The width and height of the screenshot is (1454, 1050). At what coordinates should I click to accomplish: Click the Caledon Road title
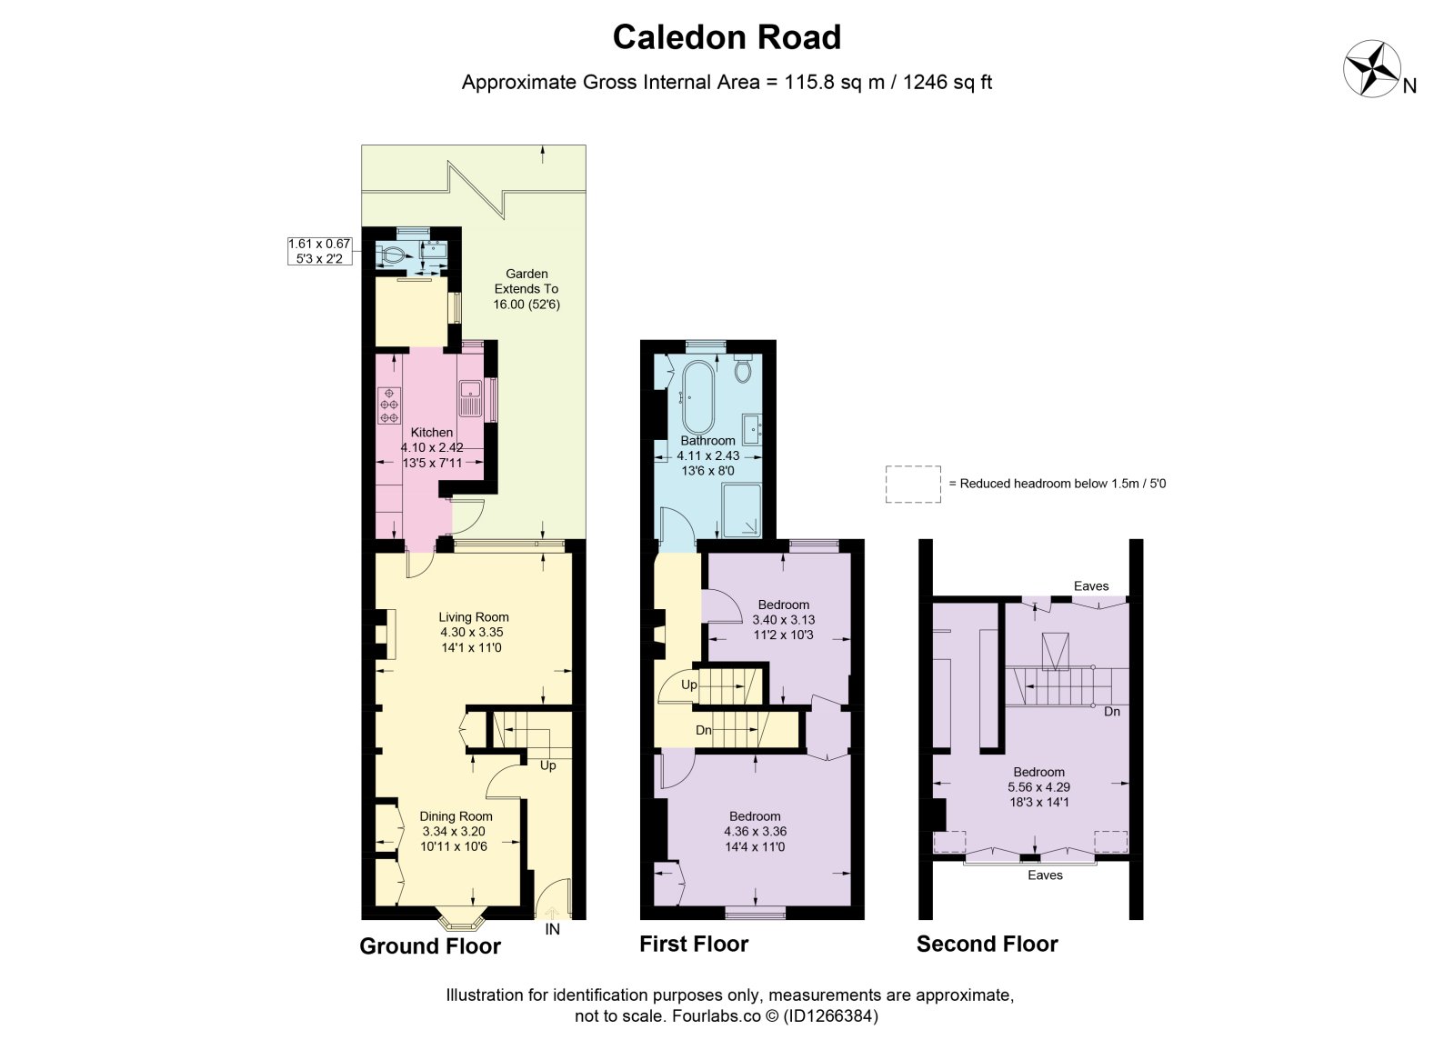(727, 37)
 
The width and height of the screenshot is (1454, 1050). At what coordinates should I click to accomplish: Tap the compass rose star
(1371, 69)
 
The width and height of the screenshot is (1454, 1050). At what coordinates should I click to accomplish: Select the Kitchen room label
(432, 432)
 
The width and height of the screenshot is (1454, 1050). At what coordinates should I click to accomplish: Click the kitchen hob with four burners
(389, 405)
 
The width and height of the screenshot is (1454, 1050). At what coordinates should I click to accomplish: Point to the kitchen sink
(470, 399)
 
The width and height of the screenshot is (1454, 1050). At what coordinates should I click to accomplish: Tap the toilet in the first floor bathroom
(743, 368)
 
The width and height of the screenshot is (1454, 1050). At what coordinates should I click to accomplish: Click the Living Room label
(474, 617)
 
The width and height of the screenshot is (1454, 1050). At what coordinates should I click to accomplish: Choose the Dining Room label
(456, 816)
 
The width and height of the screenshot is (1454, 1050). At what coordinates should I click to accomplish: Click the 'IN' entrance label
(552, 929)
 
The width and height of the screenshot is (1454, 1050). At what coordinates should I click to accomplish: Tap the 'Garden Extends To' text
(526, 282)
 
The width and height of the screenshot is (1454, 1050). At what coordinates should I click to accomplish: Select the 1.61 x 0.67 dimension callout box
(320, 251)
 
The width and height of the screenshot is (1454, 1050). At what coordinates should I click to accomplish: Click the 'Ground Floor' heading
(430, 946)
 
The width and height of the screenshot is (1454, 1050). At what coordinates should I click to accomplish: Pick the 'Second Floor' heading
(988, 944)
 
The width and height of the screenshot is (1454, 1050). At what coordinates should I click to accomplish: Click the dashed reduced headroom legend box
(913, 485)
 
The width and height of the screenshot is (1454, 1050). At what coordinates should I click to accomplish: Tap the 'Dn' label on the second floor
(1112, 712)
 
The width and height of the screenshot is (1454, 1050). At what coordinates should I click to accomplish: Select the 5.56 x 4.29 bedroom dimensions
(1038, 787)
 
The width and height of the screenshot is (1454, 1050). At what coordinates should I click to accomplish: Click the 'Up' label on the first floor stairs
(688, 685)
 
